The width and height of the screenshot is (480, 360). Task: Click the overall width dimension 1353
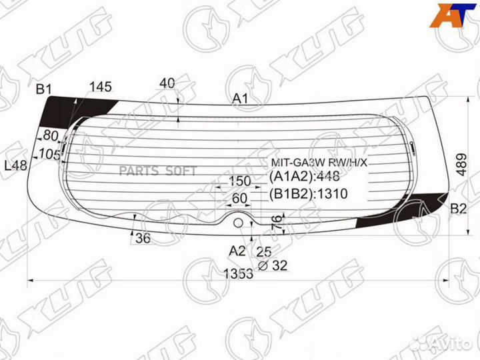239,273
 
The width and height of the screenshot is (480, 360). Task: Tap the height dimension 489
461,165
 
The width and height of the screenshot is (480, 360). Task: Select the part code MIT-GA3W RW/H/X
319,163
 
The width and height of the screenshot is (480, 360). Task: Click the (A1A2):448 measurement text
304,176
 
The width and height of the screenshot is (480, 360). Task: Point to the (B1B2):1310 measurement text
308,193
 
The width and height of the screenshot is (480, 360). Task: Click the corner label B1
44,89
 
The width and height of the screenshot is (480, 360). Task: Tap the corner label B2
458,209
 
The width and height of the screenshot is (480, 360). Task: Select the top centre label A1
240,99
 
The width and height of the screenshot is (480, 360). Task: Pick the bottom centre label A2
237,251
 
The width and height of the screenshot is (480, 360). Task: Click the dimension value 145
101,87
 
